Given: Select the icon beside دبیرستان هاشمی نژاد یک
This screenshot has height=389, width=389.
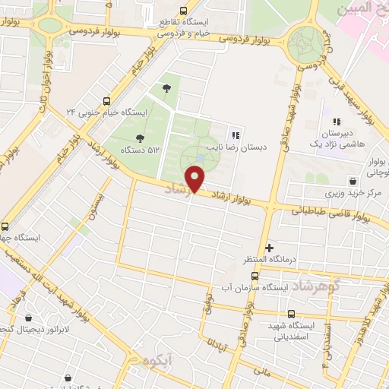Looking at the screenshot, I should point(337,121).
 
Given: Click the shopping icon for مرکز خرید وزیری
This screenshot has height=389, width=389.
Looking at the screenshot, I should point(353,181).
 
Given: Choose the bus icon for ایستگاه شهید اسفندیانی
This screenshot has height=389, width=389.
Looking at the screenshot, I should point(291,314).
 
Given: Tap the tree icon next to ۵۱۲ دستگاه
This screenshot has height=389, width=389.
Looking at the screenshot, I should point(139,138).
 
